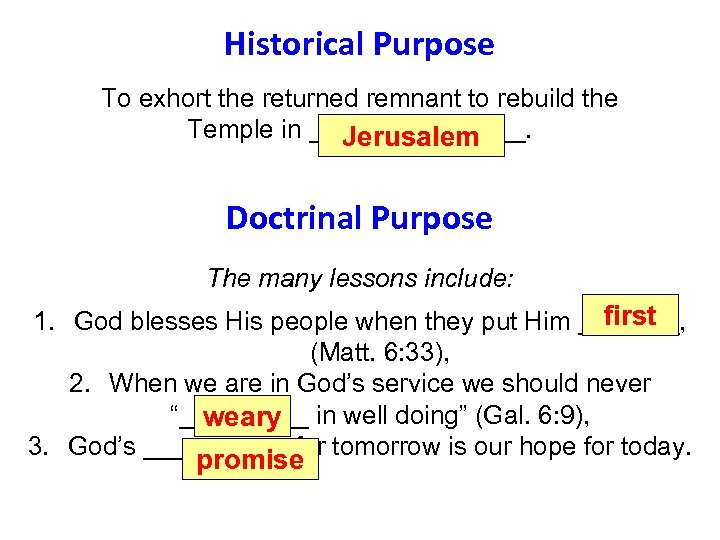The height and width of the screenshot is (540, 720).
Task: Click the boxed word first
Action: click(630, 316)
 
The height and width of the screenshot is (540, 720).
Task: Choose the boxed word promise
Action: click(250, 460)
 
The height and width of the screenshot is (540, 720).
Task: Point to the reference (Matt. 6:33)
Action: click(359, 352)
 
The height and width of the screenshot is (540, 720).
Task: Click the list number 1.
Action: click(43, 322)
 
